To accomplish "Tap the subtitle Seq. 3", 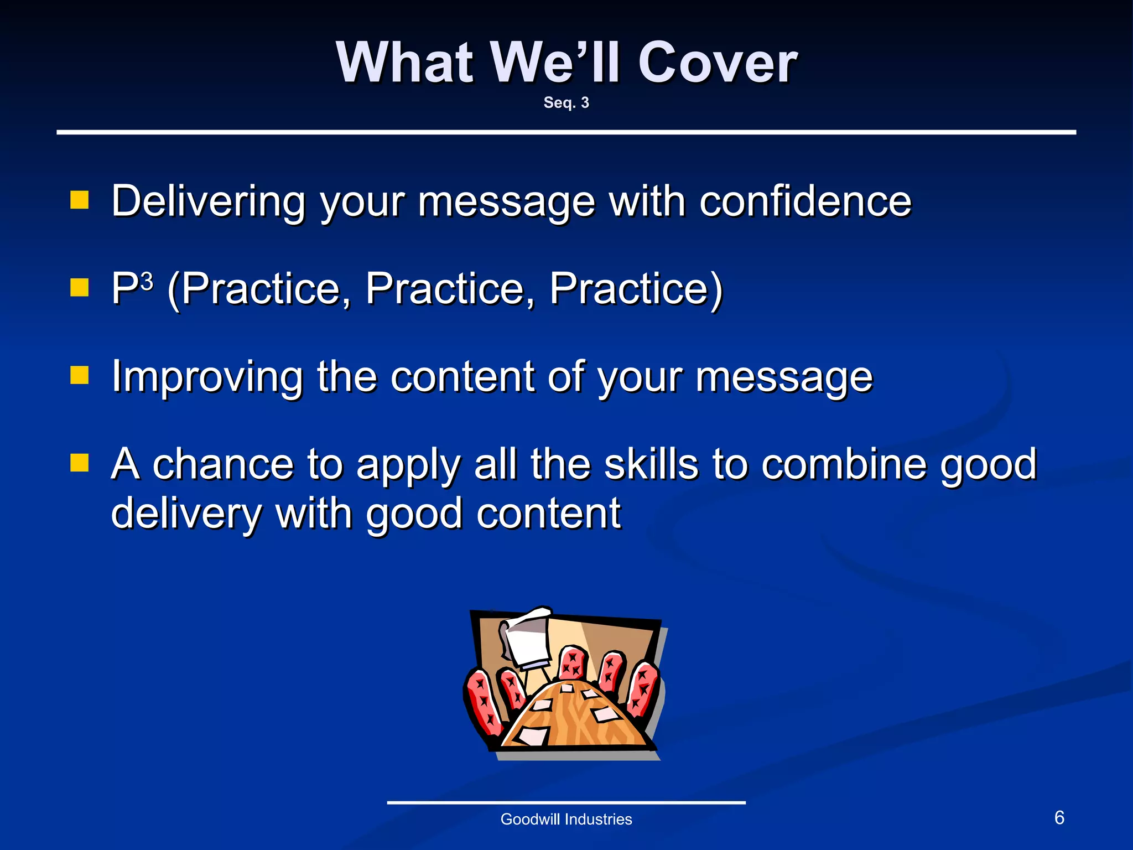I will (x=566, y=103).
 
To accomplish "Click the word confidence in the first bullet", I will (x=805, y=201).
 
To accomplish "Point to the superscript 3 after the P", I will (x=147, y=281).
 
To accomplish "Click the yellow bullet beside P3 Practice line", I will (x=80, y=287).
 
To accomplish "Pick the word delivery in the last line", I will (x=186, y=514).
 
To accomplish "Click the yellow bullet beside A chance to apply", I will (x=80, y=463).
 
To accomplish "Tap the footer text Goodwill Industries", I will (x=566, y=819).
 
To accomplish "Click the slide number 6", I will (x=1059, y=817).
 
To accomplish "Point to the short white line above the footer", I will (x=566, y=802).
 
